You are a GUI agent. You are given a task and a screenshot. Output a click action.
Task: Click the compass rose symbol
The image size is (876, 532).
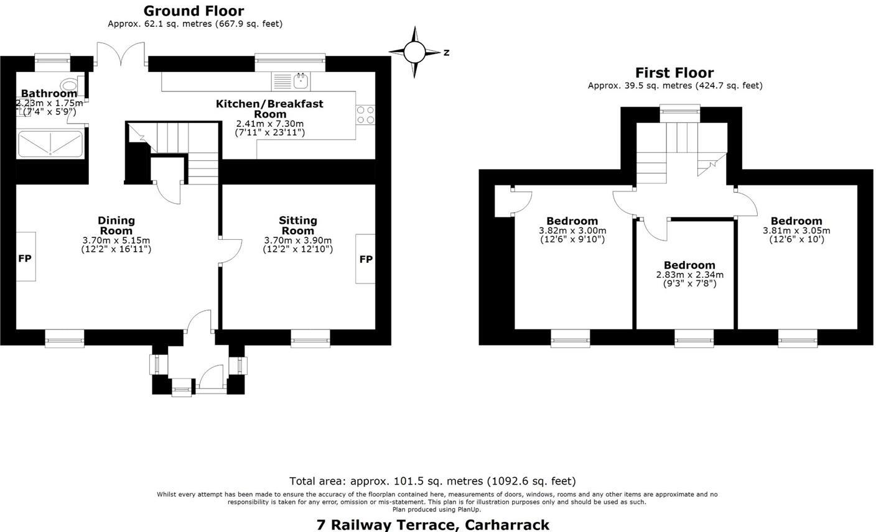(x=414, y=52)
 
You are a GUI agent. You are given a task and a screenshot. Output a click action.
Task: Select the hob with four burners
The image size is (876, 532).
(x=365, y=115)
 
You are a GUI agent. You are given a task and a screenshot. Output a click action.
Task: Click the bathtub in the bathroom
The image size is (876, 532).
(x=50, y=144)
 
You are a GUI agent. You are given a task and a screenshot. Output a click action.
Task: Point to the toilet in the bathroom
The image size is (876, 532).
(x=70, y=85)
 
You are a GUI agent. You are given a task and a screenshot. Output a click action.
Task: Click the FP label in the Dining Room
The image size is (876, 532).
(x=25, y=259)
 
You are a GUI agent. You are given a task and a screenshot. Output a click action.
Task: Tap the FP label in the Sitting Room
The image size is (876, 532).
(x=366, y=259)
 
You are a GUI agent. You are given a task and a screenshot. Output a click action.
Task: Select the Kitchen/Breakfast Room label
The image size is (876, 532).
(x=269, y=109)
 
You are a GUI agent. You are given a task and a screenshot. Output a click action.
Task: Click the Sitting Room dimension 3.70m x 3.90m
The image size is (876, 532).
(x=297, y=241)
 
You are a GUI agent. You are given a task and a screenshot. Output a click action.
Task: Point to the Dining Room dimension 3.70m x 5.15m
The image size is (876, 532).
(x=116, y=241)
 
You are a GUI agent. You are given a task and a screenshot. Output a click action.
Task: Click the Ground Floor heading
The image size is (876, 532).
(x=193, y=11)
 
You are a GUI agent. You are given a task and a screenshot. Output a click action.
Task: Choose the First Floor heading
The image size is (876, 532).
(x=674, y=73)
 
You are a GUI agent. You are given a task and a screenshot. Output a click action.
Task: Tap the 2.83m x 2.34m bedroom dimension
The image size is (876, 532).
(x=689, y=275)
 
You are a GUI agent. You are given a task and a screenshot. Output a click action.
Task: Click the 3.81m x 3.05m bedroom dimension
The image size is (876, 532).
(x=796, y=231)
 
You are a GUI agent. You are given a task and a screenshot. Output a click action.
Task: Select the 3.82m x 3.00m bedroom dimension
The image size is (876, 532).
(x=572, y=231)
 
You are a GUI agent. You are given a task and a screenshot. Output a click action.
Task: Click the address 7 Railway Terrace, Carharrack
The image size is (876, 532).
(x=433, y=525)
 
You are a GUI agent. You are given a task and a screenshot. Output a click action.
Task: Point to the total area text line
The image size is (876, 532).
(x=432, y=481)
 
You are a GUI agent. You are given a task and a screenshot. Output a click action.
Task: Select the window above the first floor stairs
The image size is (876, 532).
(x=679, y=111)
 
